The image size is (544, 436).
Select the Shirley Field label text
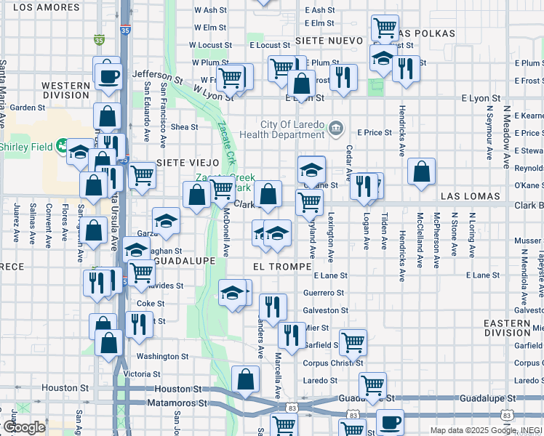(x=26, y=147)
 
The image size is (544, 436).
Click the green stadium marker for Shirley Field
(x=63, y=146)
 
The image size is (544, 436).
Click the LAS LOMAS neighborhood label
(x=470, y=197)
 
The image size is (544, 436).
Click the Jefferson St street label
(x=161, y=74)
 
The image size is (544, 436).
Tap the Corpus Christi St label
(x=314, y=360)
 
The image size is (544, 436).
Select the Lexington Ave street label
(x=331, y=240)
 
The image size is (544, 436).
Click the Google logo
(x=24, y=427)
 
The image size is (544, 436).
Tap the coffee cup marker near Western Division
(x=109, y=74)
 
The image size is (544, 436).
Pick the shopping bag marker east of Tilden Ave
(x=421, y=173)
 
